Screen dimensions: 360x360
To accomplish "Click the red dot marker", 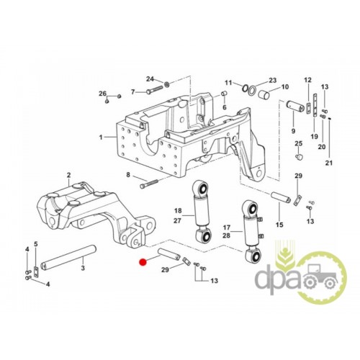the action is coord(143,262).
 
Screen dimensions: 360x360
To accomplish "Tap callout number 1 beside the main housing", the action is coord(101,138).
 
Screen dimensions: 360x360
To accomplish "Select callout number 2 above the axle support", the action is coord(69,175).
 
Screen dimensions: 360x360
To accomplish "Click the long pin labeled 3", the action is coord(68,258).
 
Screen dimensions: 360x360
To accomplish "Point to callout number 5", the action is coord(36,244).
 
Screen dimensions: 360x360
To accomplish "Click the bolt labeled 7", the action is coord(155,91).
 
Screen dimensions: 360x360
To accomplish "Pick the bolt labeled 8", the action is coord(149,184).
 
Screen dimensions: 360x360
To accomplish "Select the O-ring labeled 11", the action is coord(246,89).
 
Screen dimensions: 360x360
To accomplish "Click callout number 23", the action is coord(273,80).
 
